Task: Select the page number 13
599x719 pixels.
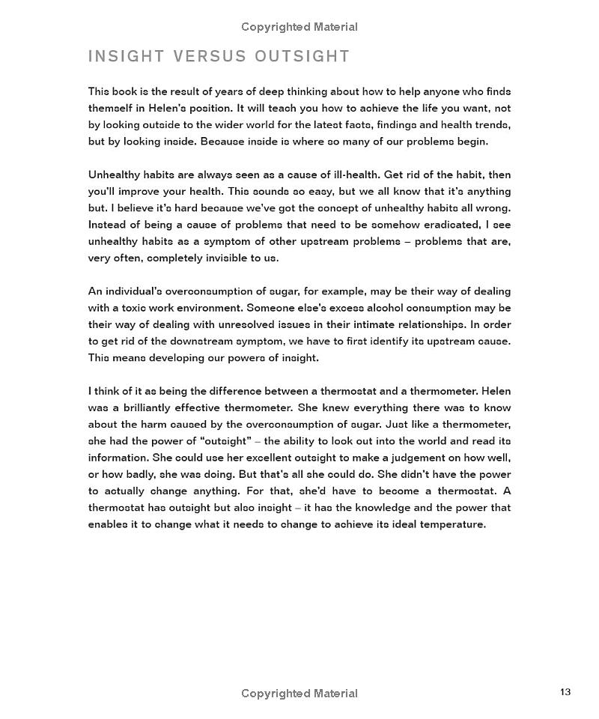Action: coord(565,691)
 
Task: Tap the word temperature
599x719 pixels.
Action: coord(447,524)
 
